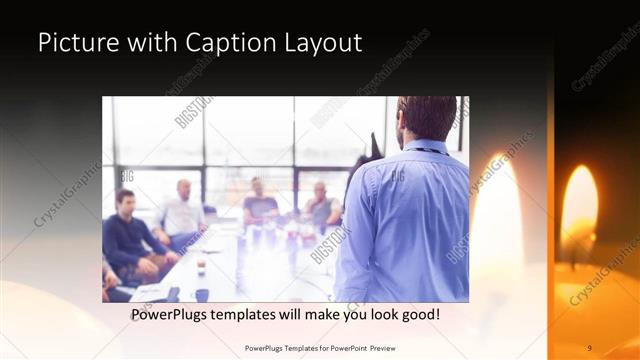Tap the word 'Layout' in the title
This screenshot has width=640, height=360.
tap(322, 43)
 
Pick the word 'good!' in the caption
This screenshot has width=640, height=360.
tap(419, 315)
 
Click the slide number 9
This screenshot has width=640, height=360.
tap(589, 347)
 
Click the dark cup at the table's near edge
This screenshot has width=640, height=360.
tap(201, 294)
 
